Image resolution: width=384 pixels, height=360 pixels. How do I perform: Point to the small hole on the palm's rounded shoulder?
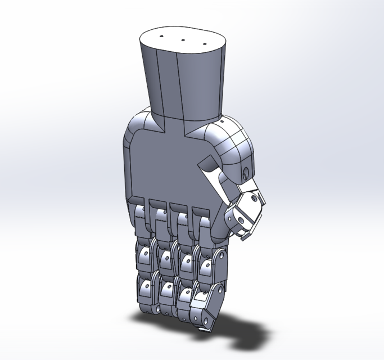(223, 121)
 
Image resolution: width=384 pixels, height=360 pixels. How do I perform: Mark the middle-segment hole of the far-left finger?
(144, 255)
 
